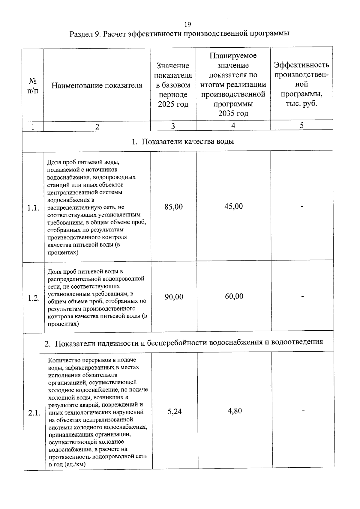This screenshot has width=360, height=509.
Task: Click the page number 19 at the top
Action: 187,24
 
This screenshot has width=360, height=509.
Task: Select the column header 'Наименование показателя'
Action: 97,85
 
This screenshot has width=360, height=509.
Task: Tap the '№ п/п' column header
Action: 33,86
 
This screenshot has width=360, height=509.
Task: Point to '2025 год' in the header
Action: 173,104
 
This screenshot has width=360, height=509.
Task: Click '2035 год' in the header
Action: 233,113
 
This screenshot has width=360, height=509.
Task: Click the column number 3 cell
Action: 173,126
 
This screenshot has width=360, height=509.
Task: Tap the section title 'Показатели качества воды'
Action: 187,141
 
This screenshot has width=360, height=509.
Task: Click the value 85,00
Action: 173,207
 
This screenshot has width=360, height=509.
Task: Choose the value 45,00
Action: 233,206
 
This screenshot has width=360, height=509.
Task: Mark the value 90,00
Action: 174,297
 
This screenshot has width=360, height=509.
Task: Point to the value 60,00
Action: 234,296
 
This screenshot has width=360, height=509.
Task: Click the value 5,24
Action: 175,411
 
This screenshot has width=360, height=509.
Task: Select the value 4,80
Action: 235,411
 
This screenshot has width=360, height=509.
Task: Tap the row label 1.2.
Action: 34,298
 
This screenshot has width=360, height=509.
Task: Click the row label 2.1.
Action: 34,413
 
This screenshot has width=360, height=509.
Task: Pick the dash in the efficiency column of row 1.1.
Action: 302,206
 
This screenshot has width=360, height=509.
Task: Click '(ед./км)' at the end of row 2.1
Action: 75,464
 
